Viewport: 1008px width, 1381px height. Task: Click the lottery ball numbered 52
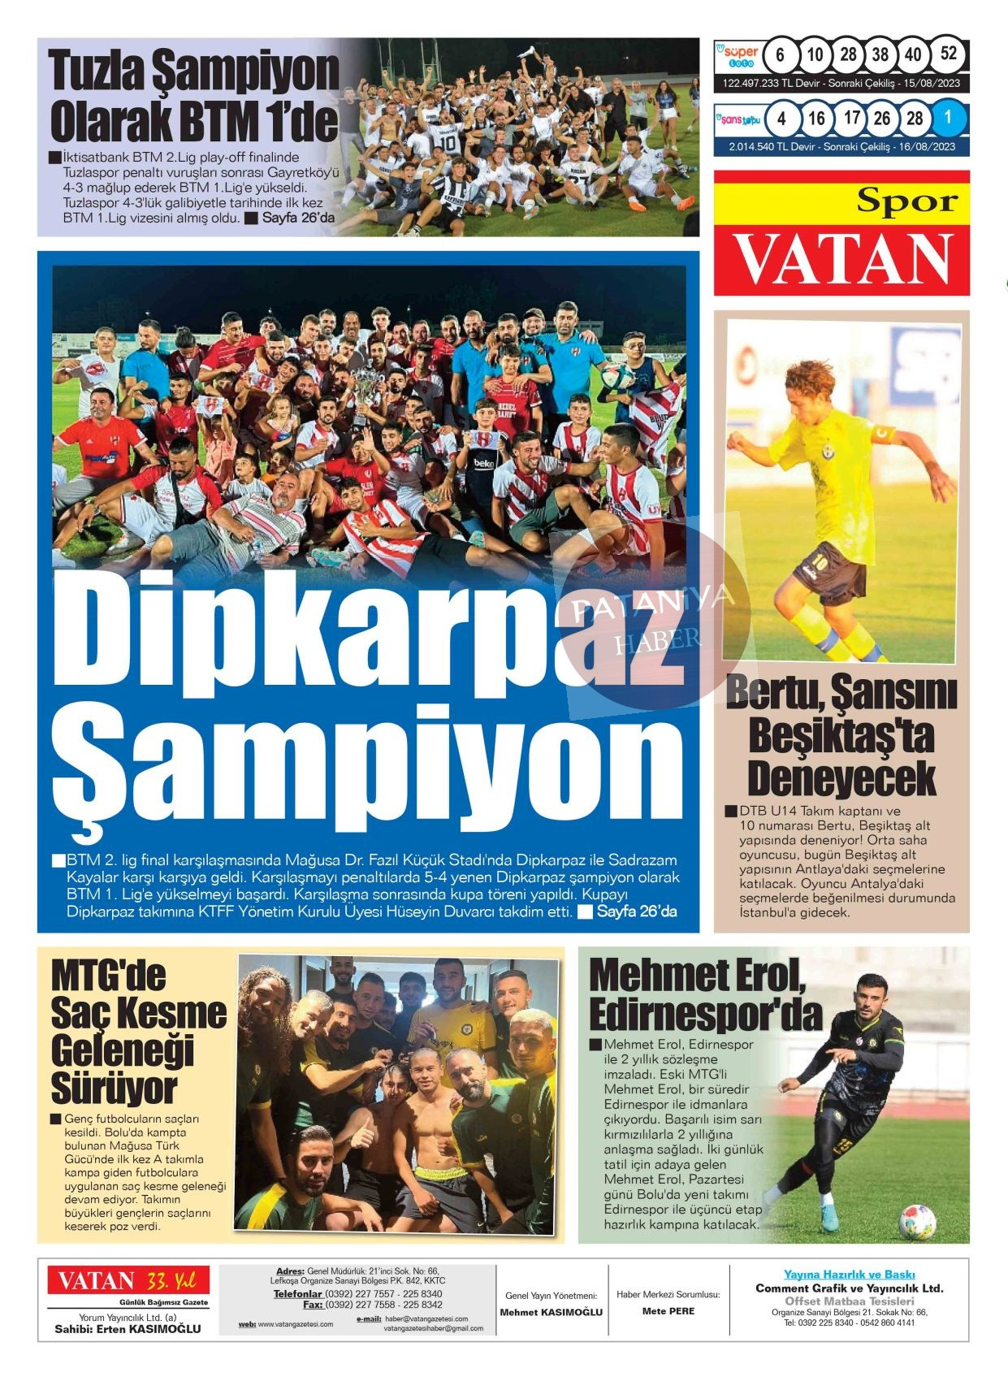(x=948, y=55)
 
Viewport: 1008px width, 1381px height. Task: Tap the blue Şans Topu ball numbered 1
(x=947, y=118)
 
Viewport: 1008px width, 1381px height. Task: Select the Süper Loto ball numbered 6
(x=781, y=55)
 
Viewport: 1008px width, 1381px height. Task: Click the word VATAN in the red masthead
(x=842, y=259)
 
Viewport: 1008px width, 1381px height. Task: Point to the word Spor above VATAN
(x=906, y=200)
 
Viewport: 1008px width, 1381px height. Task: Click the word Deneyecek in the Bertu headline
(x=841, y=777)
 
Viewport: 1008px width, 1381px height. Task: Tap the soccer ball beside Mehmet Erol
(x=918, y=1221)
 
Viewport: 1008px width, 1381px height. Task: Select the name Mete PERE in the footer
(x=668, y=1311)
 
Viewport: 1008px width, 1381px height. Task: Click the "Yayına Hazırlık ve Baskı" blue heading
(x=849, y=1275)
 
